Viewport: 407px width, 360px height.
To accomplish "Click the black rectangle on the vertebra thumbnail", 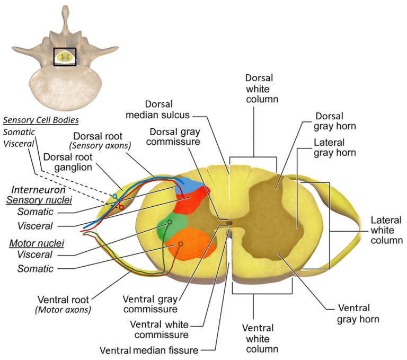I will pos(66,57).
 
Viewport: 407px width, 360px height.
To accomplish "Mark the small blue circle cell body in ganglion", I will pos(114,197).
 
